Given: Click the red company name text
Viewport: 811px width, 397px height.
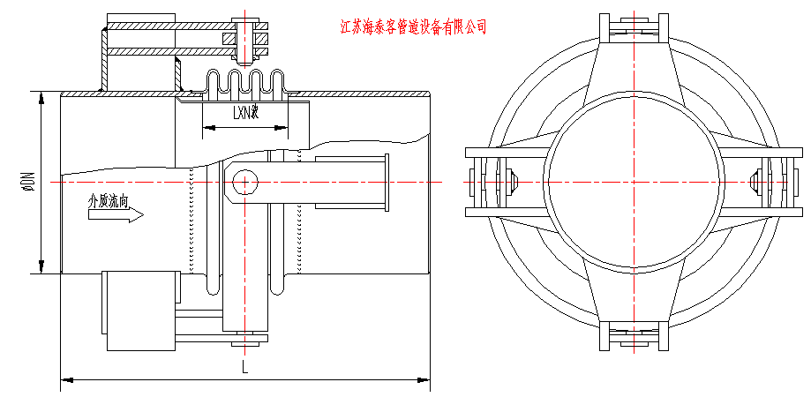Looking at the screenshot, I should (413, 27).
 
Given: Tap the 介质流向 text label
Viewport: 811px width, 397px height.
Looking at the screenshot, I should (109, 200).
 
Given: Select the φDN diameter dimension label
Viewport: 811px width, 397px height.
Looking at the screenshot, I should (28, 183).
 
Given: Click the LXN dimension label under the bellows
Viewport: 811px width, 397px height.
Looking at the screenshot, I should (244, 113).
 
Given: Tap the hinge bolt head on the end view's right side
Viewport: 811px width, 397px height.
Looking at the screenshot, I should (755, 182).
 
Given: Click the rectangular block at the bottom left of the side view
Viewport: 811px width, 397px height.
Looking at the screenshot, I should (140, 303).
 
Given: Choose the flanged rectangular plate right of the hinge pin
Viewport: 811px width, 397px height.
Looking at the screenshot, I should (351, 183).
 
